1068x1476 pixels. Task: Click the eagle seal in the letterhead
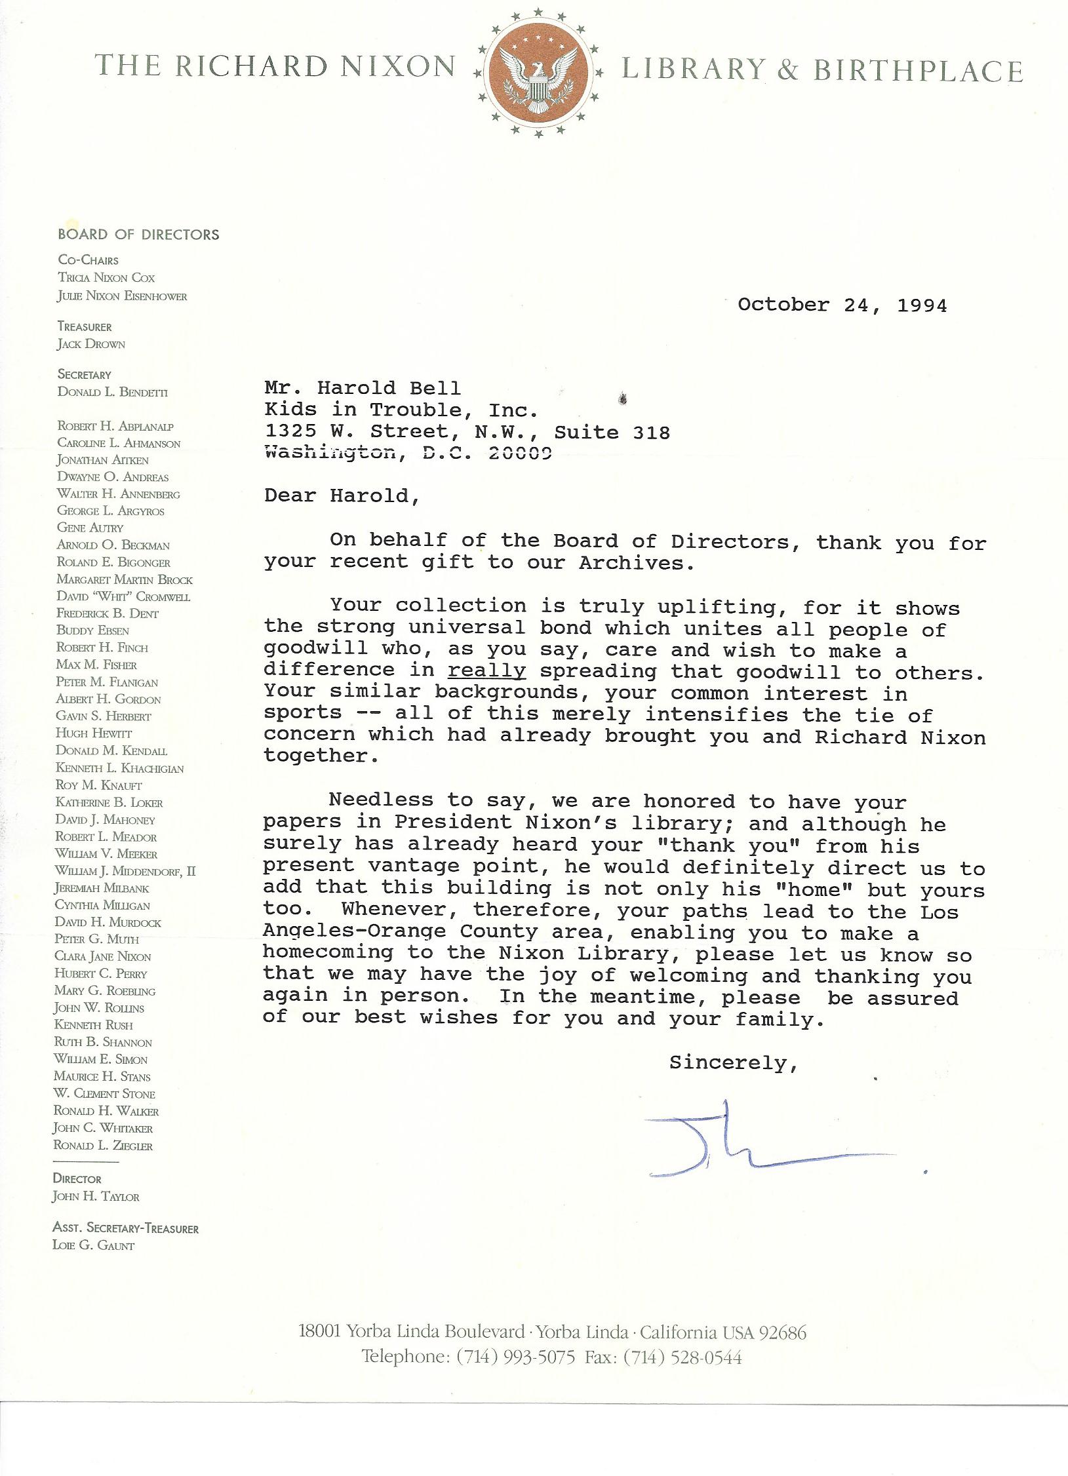click(x=538, y=72)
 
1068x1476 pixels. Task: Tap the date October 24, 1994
click(x=842, y=305)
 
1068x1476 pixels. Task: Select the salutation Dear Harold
click(x=341, y=495)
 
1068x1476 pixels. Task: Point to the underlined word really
click(x=486, y=671)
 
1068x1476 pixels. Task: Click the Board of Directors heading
click(x=138, y=235)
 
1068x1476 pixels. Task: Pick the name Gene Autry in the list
click(x=90, y=528)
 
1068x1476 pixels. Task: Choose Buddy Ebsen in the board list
click(x=92, y=631)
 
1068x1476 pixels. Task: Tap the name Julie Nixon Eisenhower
click(x=122, y=296)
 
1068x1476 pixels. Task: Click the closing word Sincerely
click(x=733, y=1062)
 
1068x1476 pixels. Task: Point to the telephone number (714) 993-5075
click(x=516, y=1357)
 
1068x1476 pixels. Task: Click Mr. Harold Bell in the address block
click(x=363, y=388)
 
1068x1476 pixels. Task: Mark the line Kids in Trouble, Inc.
click(x=401, y=410)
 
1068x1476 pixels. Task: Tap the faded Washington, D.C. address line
click(x=407, y=453)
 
